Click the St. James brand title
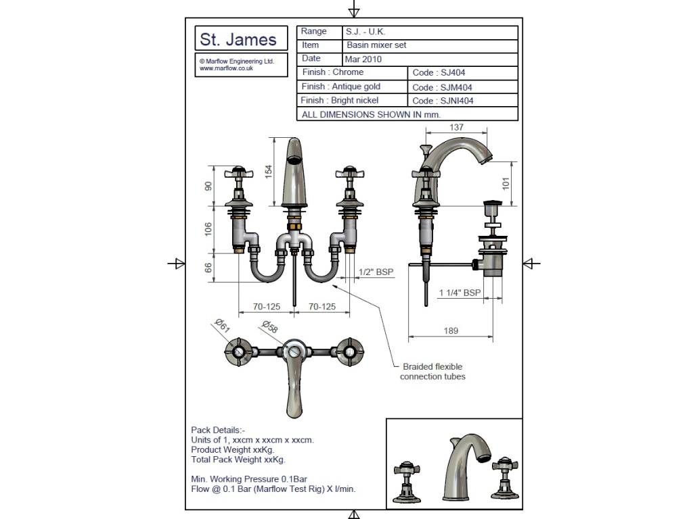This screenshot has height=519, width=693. pos(238,39)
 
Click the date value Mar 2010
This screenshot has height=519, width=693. pos(363,59)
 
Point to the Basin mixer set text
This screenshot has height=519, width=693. pos(376,45)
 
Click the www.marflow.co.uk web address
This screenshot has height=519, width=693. pos(226,68)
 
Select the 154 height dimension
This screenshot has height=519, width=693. pos(268,172)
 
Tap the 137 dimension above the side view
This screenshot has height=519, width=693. pos(456,127)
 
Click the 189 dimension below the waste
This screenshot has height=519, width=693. pos(451,330)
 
